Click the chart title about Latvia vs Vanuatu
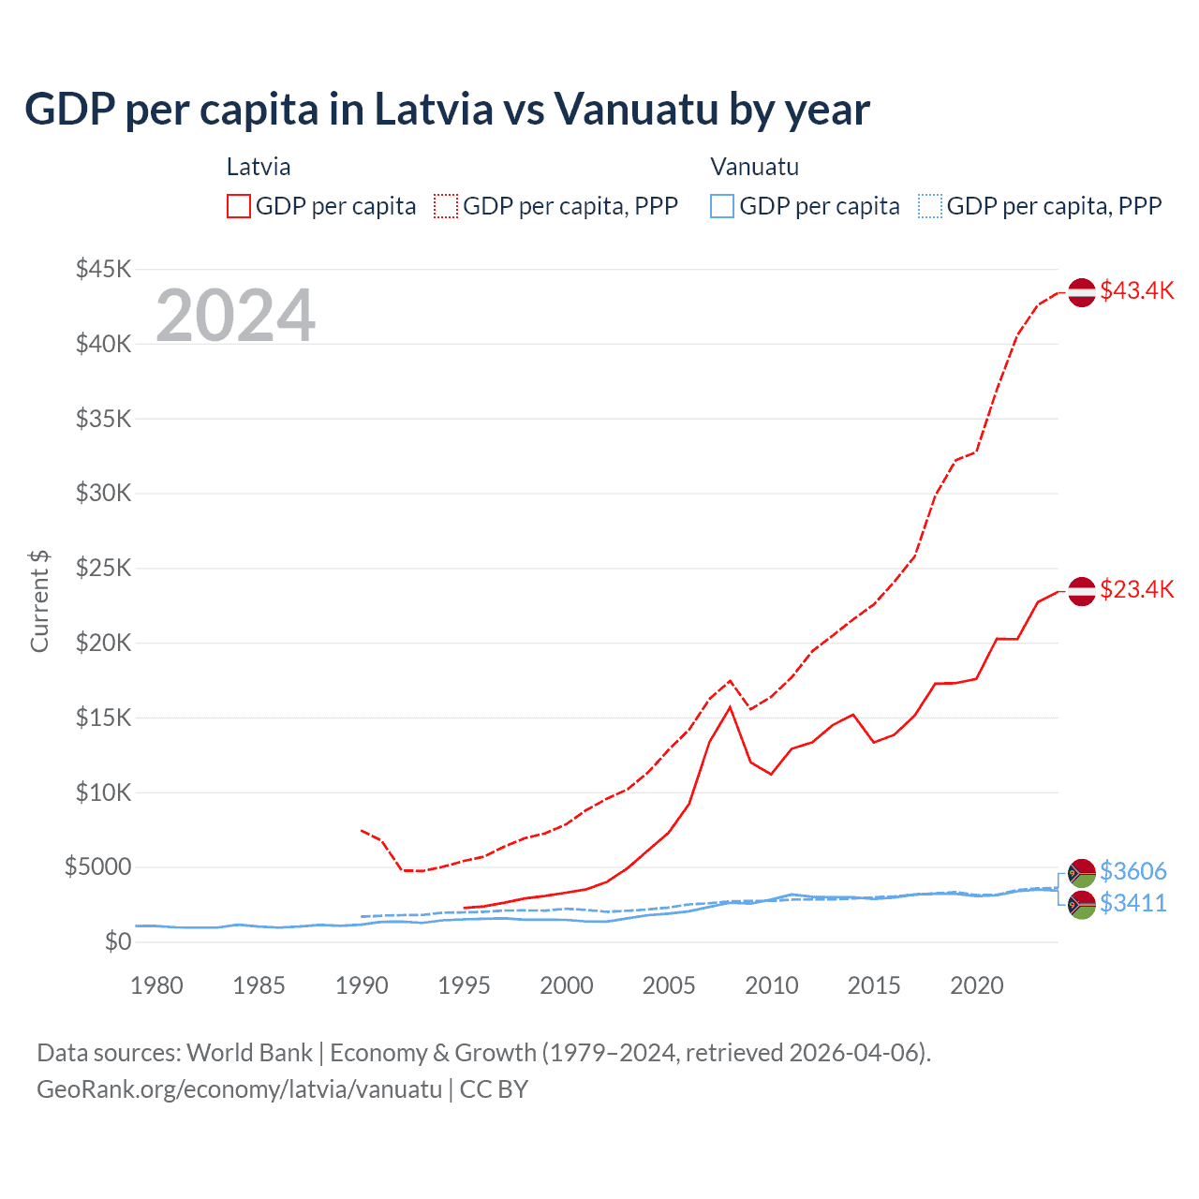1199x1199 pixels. point(447,110)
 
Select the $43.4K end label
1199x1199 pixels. point(1136,290)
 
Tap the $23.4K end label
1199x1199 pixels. point(1136,589)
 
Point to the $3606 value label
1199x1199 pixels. point(1132,871)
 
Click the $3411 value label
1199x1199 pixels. point(1132,903)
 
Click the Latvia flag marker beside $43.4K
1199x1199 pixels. point(1082,292)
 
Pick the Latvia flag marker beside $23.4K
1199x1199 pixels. point(1082,591)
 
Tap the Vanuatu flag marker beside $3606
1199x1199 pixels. point(1082,873)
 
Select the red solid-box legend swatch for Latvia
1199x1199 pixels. point(239,206)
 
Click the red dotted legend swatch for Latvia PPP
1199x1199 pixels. point(446,206)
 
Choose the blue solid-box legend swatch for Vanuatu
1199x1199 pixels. point(722,206)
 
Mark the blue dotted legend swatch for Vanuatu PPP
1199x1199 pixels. point(929,206)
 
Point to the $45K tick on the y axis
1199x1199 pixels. point(104,270)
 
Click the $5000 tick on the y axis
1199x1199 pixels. point(98,867)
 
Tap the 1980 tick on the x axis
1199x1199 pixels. point(156,985)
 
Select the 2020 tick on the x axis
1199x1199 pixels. point(976,985)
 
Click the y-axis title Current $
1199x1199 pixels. point(39,601)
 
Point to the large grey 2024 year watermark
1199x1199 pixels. point(235,316)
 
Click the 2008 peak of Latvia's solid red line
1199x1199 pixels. point(730,707)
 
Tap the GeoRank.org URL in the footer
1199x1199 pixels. point(239,1089)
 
